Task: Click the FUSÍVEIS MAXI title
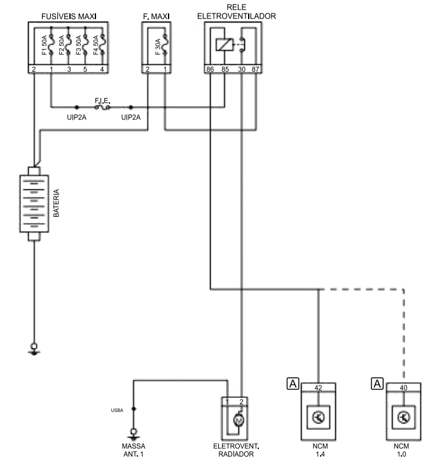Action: (69, 15)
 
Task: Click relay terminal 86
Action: (209, 69)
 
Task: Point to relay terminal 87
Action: (256, 69)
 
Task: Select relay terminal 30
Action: (240, 69)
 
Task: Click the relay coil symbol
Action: (225, 45)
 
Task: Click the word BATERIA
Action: (56, 203)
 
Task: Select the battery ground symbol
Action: (34, 348)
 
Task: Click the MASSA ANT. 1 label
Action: (134, 450)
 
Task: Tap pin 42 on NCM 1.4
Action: (319, 386)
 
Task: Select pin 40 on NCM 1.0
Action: (403, 386)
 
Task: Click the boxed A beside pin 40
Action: (378, 383)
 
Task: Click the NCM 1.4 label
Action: (319, 450)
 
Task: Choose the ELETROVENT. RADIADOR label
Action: (235, 450)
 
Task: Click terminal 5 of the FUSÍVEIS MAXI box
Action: (86, 69)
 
